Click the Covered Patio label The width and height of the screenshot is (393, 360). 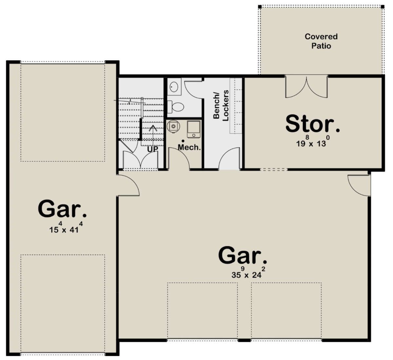pyautogui.click(x=321, y=41)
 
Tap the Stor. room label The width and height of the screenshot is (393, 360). pyautogui.click(x=313, y=124)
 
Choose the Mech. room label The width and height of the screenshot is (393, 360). pyautogui.click(x=189, y=147)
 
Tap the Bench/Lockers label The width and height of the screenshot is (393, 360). pyautogui.click(x=221, y=105)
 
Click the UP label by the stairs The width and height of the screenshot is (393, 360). pyautogui.click(x=152, y=149)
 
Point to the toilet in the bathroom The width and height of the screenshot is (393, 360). pyautogui.click(x=176, y=107)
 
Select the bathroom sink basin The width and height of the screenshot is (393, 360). pyautogui.click(x=174, y=87)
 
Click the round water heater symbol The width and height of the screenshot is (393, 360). pyautogui.click(x=173, y=126)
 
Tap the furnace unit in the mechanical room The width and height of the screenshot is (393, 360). pyautogui.click(x=194, y=130)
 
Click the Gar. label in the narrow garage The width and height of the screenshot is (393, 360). pyautogui.click(x=62, y=209)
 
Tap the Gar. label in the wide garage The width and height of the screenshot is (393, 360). pyautogui.click(x=243, y=256)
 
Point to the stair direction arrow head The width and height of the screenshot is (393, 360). pyautogui.click(x=153, y=128)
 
